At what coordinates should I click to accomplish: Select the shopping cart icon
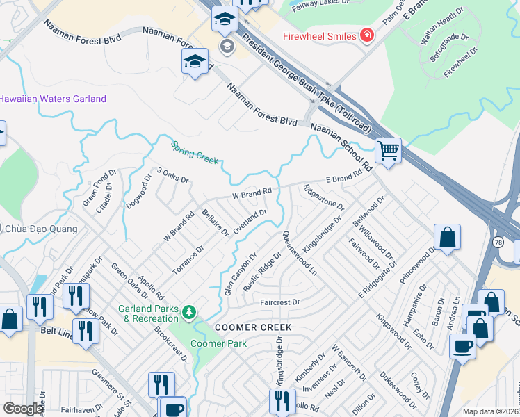(x=388, y=149)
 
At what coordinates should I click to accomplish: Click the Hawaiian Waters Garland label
(x=52, y=99)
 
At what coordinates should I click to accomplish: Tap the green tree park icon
(x=188, y=311)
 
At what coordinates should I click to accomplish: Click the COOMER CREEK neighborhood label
(x=252, y=327)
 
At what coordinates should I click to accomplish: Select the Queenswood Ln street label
(x=300, y=254)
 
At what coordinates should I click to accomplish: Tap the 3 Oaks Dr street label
(x=173, y=174)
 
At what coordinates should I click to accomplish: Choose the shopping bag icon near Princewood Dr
(x=448, y=237)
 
